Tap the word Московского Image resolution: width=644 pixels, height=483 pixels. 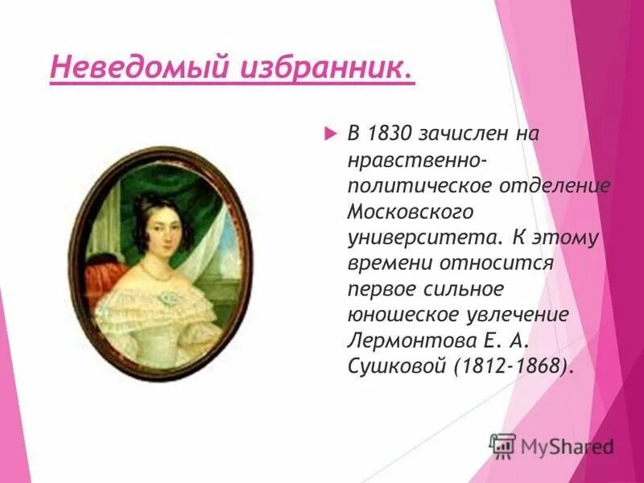pos(410,212)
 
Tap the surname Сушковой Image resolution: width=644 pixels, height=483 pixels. pos(395,365)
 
